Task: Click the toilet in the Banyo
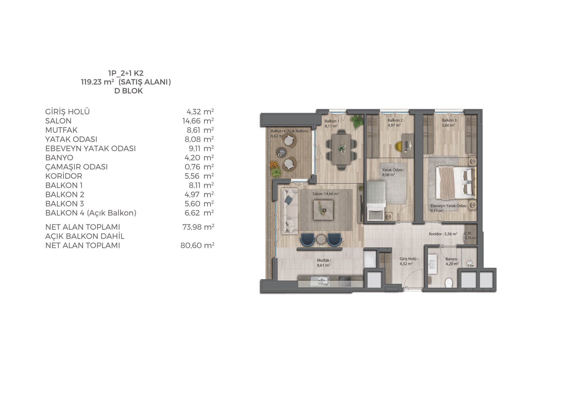(x=449, y=283)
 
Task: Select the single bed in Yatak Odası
(x=376, y=201)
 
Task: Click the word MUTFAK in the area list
(x=61, y=130)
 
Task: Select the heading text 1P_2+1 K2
(x=126, y=73)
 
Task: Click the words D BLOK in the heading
(x=129, y=91)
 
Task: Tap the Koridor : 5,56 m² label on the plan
(x=443, y=234)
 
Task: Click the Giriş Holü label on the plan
(x=409, y=259)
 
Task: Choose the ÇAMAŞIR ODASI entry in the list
(x=77, y=167)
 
